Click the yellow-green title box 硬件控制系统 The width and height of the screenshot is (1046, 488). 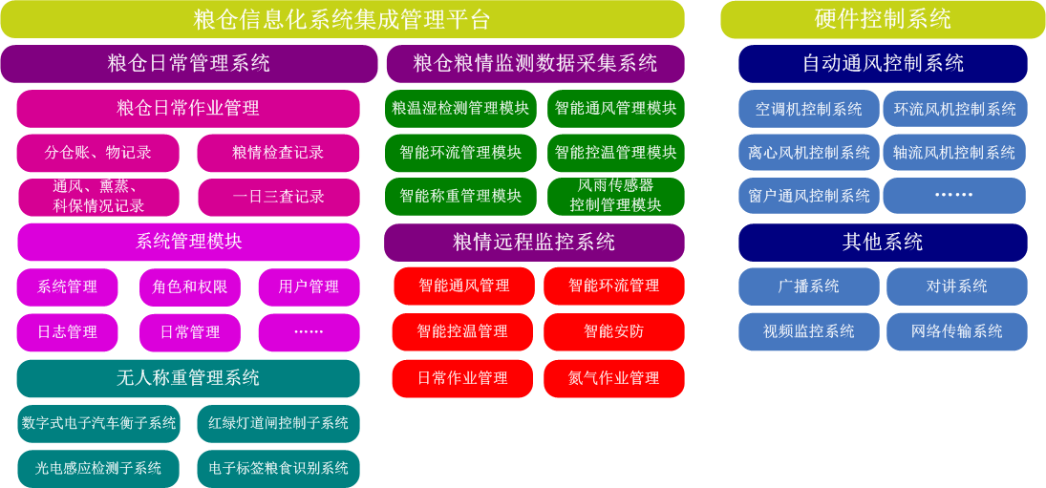tap(883, 19)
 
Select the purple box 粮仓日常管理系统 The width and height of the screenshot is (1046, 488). tap(189, 63)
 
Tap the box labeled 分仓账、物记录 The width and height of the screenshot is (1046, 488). tap(98, 153)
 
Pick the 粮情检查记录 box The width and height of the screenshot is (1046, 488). tap(278, 153)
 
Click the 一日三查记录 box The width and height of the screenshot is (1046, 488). tap(279, 197)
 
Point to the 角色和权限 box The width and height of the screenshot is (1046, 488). tap(189, 287)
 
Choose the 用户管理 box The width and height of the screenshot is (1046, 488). tap(309, 287)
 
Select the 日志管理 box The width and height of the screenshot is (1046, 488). tap(68, 332)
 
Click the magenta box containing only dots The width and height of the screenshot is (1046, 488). tap(309, 332)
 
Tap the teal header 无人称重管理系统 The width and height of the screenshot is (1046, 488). tap(188, 379)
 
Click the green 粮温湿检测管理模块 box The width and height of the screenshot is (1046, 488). tap(461, 109)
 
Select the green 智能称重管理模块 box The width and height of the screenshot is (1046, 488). tap(461, 197)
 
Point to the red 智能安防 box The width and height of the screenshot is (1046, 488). tap(614, 332)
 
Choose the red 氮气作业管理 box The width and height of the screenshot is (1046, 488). tap(614, 379)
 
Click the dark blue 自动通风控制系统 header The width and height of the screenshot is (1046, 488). tap(883, 63)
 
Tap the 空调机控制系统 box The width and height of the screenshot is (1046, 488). tap(808, 109)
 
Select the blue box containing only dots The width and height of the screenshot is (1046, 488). tap(954, 196)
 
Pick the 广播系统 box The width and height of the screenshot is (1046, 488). tap(808, 287)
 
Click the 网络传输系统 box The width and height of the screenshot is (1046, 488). tap(956, 332)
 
